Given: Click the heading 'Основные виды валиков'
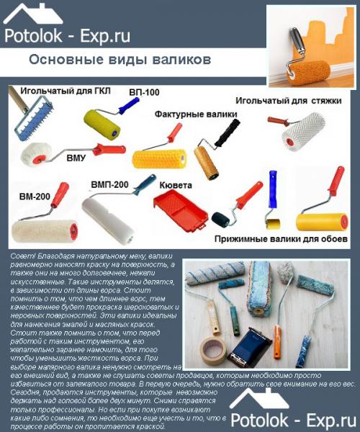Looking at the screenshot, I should tap(120, 58).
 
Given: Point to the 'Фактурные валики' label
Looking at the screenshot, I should tap(192, 113).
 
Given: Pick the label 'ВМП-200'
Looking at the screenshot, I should tap(109, 184).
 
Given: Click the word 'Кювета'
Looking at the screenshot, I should tap(176, 184).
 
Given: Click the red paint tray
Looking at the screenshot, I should tap(181, 209).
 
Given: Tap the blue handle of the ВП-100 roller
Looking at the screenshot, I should tap(128, 106).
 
